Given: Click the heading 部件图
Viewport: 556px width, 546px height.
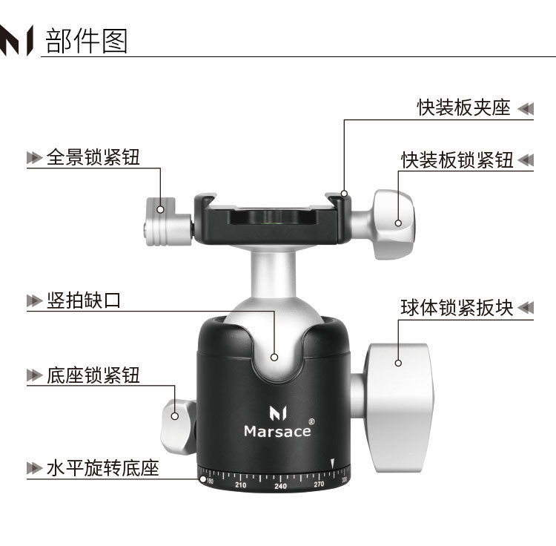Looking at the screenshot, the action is click(87, 41).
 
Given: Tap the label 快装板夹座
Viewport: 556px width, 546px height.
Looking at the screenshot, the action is click(464, 108).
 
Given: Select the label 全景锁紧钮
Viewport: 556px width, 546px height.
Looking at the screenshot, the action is click(93, 157).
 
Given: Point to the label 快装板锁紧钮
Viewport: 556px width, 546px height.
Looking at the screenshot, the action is click(457, 159).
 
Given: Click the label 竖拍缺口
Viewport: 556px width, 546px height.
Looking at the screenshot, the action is click(84, 300).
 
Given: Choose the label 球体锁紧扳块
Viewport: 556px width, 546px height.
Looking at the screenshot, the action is click(457, 307).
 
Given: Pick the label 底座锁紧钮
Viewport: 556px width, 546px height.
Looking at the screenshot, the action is click(93, 375).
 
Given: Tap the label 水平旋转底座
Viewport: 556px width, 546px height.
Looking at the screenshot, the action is click(103, 468).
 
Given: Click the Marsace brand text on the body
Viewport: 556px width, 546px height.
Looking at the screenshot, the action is click(278, 432).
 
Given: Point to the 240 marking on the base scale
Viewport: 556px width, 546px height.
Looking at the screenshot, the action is click(280, 486).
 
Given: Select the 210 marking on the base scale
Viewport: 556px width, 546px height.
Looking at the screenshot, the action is click(241, 484).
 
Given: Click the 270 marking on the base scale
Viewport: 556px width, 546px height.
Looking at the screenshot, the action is click(319, 484).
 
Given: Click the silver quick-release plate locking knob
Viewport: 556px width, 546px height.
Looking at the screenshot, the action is click(393, 224).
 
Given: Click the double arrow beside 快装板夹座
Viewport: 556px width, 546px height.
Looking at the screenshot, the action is click(526, 108).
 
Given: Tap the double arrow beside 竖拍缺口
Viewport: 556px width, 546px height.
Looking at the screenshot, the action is click(35, 301).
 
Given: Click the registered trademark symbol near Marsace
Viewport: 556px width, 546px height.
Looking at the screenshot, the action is click(311, 421).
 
